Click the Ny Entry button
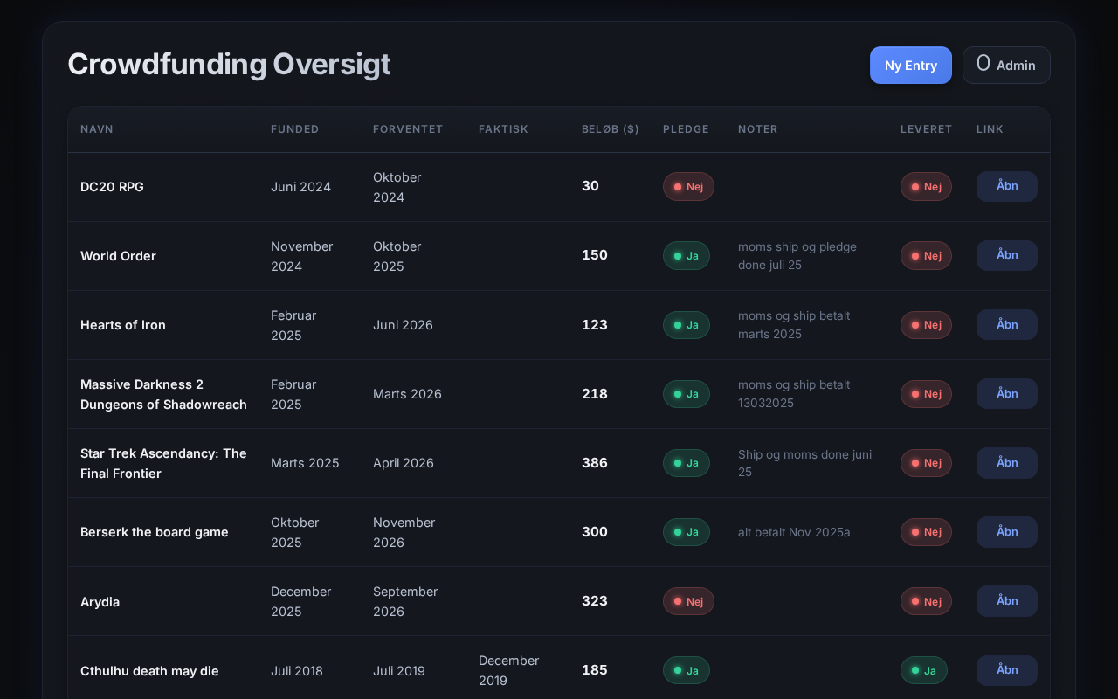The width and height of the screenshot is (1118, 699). coord(910,65)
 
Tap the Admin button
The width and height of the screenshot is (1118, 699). coord(1006,65)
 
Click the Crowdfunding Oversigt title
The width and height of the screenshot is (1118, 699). coord(229,65)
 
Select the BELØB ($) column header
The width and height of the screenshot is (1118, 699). coord(610,128)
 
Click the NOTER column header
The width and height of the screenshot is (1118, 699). coord(757,128)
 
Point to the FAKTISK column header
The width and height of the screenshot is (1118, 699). coord(503,128)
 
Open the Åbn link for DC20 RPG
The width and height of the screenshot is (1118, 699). coord(1007,186)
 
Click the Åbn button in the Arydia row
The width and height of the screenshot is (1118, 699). coord(1007,600)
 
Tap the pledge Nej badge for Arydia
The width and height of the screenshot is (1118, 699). coord(688,601)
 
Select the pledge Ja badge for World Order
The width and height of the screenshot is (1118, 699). coord(687,256)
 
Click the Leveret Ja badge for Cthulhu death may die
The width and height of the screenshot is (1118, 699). coord(924,670)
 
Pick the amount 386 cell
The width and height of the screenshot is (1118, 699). coord(595,463)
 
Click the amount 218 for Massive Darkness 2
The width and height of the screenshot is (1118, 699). coord(595,394)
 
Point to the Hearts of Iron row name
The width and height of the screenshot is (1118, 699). coord(123,325)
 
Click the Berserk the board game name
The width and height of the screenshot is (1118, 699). coord(155,532)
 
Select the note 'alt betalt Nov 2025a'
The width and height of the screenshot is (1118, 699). coord(794,532)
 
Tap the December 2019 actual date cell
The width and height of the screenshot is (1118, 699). coord(508,670)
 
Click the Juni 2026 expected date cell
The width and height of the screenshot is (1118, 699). coord(403,325)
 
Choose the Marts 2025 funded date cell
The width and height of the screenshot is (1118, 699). coord(305,463)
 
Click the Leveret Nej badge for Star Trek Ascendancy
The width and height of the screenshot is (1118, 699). coord(926,463)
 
